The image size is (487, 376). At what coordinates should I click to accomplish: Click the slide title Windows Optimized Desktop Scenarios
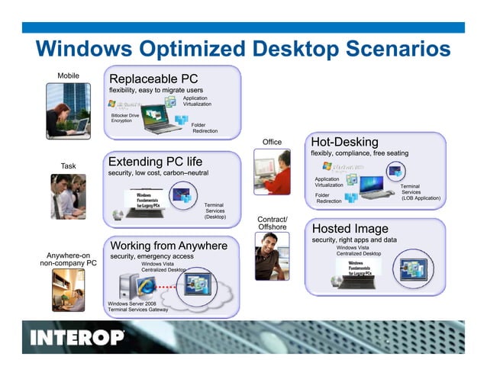coord(243,50)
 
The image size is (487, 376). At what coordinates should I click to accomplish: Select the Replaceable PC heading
coord(153,79)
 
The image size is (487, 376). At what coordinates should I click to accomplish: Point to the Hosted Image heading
coord(350,228)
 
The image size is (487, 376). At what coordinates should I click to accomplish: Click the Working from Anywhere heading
coord(169,246)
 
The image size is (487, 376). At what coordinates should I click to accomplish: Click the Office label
coord(272,142)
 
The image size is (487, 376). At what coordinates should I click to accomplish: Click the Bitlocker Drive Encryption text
coord(125,118)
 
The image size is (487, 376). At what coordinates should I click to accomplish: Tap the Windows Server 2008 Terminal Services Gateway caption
coord(137,307)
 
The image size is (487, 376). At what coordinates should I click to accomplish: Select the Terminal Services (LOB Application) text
coord(421,192)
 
